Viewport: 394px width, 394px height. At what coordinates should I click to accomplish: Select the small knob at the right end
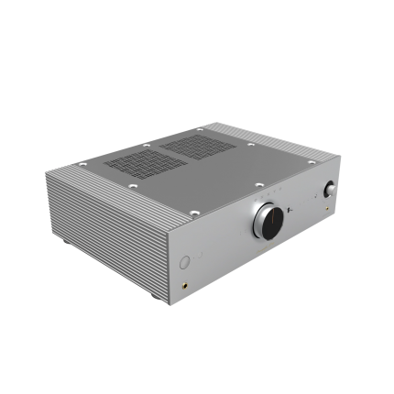(329, 191)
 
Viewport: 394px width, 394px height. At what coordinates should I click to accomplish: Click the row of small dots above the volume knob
(266, 198)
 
